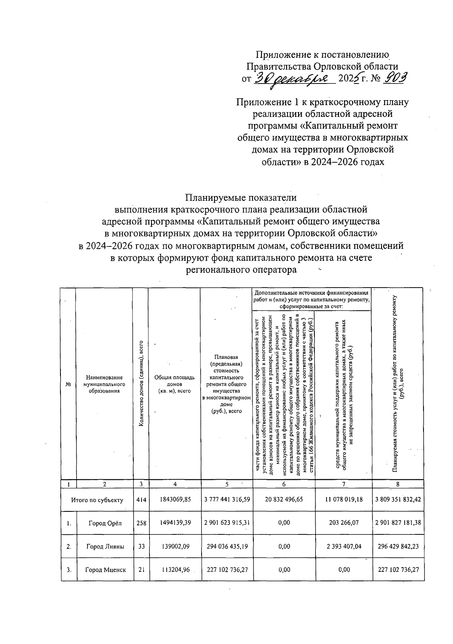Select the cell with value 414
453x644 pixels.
click(x=141, y=500)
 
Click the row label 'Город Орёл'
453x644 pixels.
click(x=105, y=523)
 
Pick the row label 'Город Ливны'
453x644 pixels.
click(x=105, y=546)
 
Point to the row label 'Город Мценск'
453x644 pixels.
click(x=105, y=570)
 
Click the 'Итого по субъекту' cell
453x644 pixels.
click(x=97, y=500)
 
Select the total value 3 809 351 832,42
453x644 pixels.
click(x=398, y=500)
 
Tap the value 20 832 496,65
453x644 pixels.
click(x=284, y=500)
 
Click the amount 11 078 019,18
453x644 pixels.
click(x=344, y=500)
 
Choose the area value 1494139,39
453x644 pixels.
click(x=175, y=523)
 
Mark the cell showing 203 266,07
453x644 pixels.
click(x=344, y=523)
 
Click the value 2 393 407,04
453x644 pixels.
click(x=344, y=546)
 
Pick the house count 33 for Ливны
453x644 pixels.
click(x=141, y=546)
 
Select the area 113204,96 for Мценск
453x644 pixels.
click(x=175, y=570)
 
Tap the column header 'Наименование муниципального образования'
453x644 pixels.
click(x=104, y=384)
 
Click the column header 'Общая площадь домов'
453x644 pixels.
click(x=174, y=384)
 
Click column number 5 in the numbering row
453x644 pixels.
click(x=227, y=485)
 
